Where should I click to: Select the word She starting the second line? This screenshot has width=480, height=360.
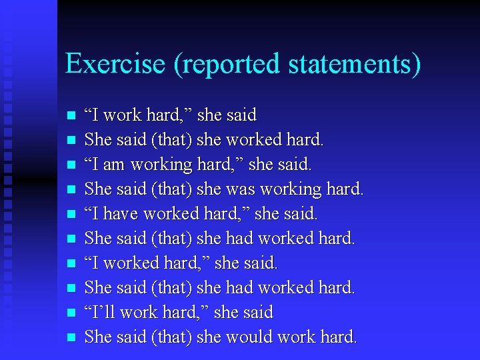pyautogui.click(x=99, y=139)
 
